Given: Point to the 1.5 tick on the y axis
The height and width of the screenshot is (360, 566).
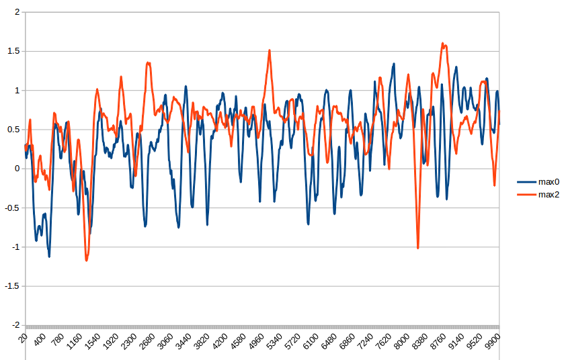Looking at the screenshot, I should pyautogui.click(x=12, y=51).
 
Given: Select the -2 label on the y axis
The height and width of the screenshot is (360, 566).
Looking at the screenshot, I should pyautogui.click(x=13, y=325).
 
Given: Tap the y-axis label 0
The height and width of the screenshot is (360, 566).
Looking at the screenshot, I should pyautogui.click(x=16, y=169).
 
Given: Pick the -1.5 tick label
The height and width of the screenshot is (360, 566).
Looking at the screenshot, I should pyautogui.click(x=10, y=286).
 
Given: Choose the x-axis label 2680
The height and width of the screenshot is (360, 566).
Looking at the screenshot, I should pyautogui.click(x=147, y=343).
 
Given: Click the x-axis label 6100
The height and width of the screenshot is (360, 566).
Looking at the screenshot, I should pyautogui.click(x=311, y=343).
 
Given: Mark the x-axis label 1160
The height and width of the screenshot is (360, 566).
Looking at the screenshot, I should pyautogui.click(x=74, y=343).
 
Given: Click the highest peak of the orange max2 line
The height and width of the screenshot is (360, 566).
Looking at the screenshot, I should pyautogui.click(x=443, y=44).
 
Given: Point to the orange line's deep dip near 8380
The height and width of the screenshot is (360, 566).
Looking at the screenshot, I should pyautogui.click(x=417, y=248).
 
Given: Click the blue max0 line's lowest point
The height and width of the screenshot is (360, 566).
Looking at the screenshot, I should pyautogui.click(x=49, y=256).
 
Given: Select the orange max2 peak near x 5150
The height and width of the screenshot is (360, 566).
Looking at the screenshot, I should pyautogui.click(x=270, y=50).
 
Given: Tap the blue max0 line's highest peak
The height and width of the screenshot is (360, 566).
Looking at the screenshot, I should pyautogui.click(x=394, y=64).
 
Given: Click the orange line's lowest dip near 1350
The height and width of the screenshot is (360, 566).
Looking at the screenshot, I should pyautogui.click(x=86, y=260).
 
